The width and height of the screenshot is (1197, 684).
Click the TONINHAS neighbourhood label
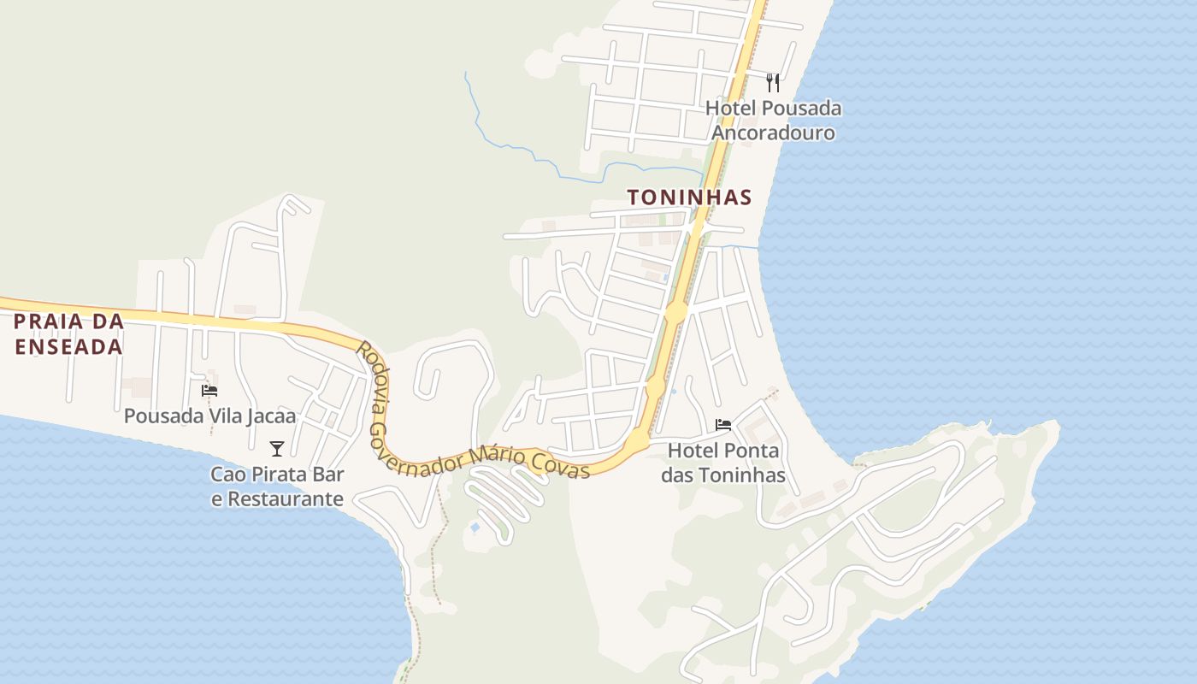[689, 198]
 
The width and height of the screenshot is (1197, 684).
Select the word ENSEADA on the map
[68, 347]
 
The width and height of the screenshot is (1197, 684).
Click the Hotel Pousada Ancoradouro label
[773, 121]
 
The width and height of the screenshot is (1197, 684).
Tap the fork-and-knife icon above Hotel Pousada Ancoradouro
[773, 83]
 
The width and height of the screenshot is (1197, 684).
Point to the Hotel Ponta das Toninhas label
[723, 463]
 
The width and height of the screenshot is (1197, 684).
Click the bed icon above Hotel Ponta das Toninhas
[723, 425]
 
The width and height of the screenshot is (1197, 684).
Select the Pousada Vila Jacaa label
[209, 416]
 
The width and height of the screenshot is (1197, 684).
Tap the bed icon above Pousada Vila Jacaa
[209, 391]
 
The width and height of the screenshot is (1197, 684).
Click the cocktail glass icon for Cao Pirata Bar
[276, 449]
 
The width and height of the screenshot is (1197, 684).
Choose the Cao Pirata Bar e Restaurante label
[277, 486]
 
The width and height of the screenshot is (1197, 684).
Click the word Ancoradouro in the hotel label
[773, 133]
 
